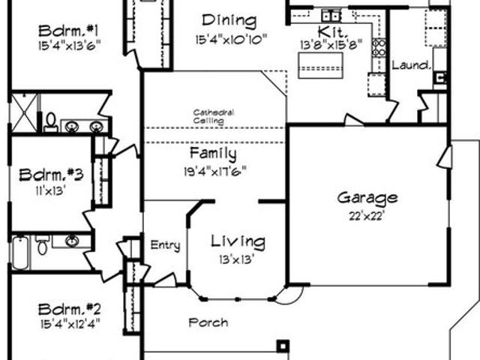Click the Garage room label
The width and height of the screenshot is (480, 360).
click(367, 198)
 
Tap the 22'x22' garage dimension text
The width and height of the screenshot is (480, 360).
click(367, 216)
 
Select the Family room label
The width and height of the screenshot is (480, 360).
click(213, 154)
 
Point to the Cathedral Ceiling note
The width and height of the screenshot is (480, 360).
click(213, 116)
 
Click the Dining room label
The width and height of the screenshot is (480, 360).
click(229, 21)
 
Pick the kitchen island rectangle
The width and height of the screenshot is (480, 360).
click(320, 65)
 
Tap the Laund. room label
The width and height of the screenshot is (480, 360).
click(411, 65)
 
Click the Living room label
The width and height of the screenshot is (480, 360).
click(238, 241)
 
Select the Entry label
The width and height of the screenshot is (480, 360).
click(165, 245)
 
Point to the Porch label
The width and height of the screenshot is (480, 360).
click(208, 322)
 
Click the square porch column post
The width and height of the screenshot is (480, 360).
click(283, 346)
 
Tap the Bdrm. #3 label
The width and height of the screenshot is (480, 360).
click(51, 175)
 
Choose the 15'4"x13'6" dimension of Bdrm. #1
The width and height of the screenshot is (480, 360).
click(70, 45)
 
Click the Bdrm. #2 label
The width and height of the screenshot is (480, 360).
click(69, 310)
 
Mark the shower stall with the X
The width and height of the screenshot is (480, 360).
click(24, 113)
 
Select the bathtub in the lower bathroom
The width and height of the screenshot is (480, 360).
click(20, 253)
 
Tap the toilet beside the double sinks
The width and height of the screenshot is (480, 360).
click(51, 122)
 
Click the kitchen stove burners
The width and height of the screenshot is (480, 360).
click(379, 48)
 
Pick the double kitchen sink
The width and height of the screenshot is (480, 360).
click(331, 15)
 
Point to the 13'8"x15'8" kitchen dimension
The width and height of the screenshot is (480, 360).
click(331, 45)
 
